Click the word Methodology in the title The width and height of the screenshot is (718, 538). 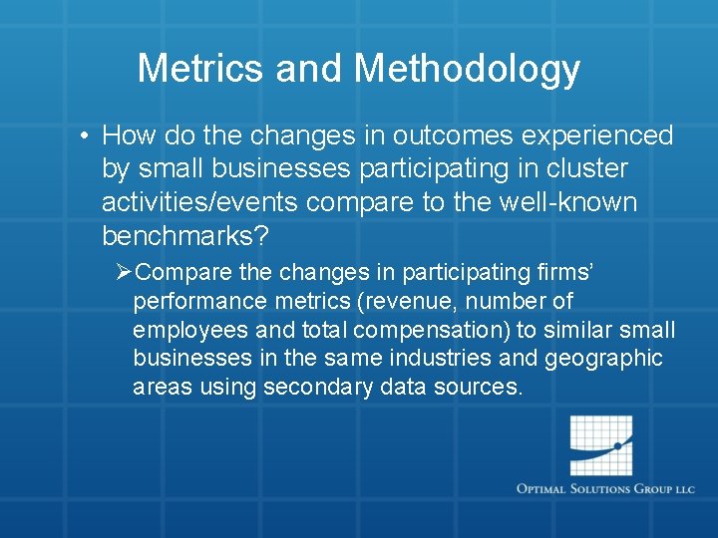tap(467, 69)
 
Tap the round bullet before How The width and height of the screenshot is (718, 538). tap(88, 135)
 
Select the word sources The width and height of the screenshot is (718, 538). tap(479, 388)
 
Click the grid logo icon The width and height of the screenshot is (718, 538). tap(600, 445)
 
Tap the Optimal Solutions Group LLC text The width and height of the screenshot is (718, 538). tap(605, 489)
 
